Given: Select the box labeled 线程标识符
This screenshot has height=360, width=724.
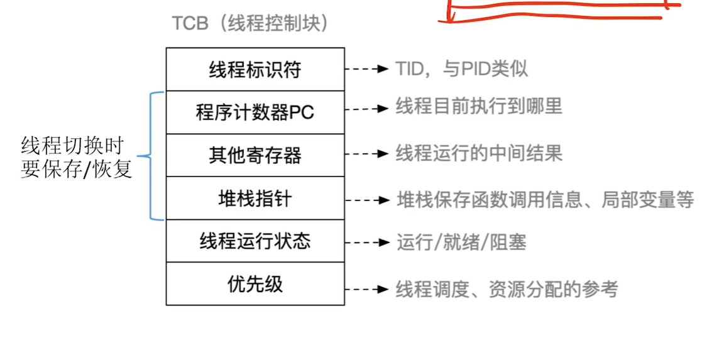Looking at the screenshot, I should tap(255, 69).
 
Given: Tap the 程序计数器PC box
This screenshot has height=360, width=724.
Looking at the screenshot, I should tap(255, 112).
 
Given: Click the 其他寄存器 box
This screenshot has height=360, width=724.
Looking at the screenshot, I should tap(255, 155).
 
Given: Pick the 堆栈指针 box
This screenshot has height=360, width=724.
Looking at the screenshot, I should tap(255, 199).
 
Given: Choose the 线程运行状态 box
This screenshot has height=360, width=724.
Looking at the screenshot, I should tap(255, 241).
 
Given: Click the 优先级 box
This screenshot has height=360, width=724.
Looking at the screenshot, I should tap(255, 284).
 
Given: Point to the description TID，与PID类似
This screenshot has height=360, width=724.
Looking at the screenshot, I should tap(461, 68).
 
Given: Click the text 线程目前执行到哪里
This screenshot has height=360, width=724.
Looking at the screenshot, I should tap(478, 107).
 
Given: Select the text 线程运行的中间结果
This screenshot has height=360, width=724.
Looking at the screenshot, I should tap(478, 153).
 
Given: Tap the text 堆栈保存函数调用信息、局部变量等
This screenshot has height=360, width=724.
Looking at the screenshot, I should tap(545, 200).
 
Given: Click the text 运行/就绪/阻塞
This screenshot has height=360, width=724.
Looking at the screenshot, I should tap(461, 242).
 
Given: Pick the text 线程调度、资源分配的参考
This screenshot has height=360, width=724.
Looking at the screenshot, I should tap(507, 289).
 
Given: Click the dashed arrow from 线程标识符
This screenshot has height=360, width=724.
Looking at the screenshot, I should tap(367, 68).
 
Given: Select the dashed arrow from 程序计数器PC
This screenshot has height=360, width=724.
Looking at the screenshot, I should tap(367, 109).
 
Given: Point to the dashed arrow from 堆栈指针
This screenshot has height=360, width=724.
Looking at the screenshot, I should tap(367, 200).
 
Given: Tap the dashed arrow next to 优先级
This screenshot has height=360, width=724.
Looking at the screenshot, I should tap(367, 289).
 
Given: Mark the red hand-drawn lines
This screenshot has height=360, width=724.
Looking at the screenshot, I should tap(559, 11).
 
